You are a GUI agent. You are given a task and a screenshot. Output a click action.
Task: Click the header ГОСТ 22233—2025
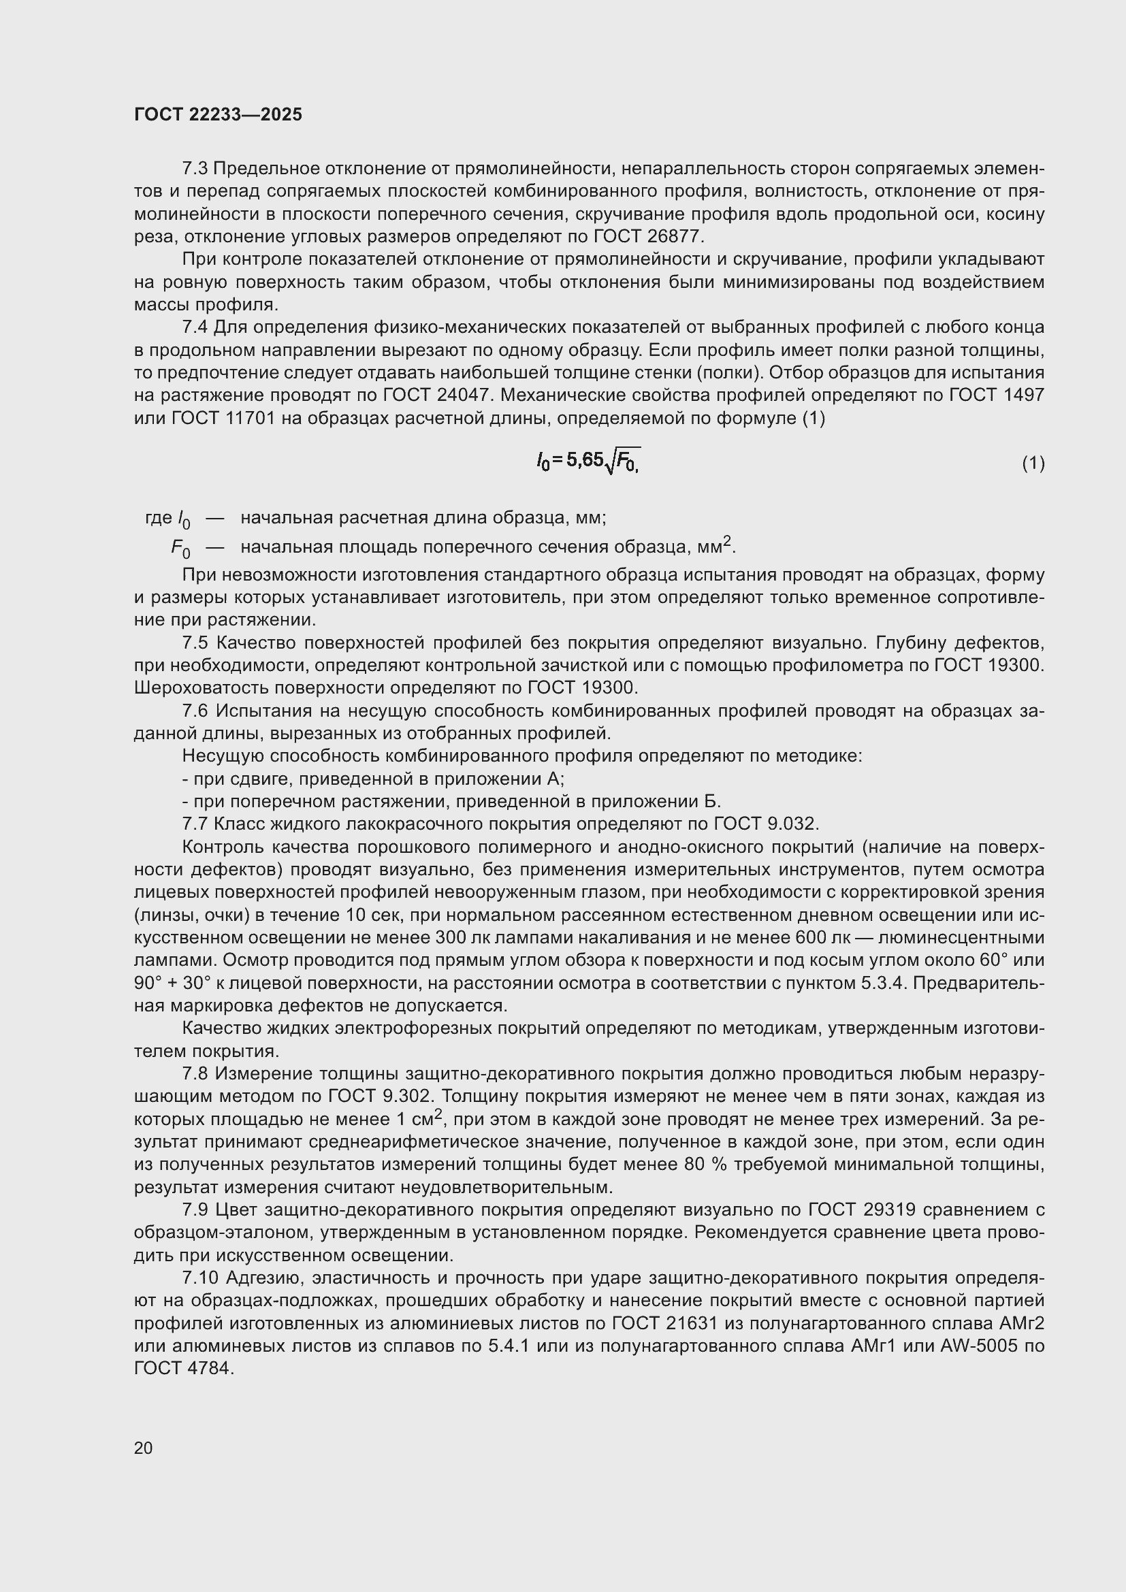tap(218, 115)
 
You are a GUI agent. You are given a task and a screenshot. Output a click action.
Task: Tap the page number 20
tap(144, 1448)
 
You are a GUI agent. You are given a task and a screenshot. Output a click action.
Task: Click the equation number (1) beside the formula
tap(1033, 464)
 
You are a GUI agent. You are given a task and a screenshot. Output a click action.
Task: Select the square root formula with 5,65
tap(588, 460)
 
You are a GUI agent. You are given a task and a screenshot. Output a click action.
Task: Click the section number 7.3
tap(195, 169)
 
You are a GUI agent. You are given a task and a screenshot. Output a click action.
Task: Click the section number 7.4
tap(195, 327)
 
